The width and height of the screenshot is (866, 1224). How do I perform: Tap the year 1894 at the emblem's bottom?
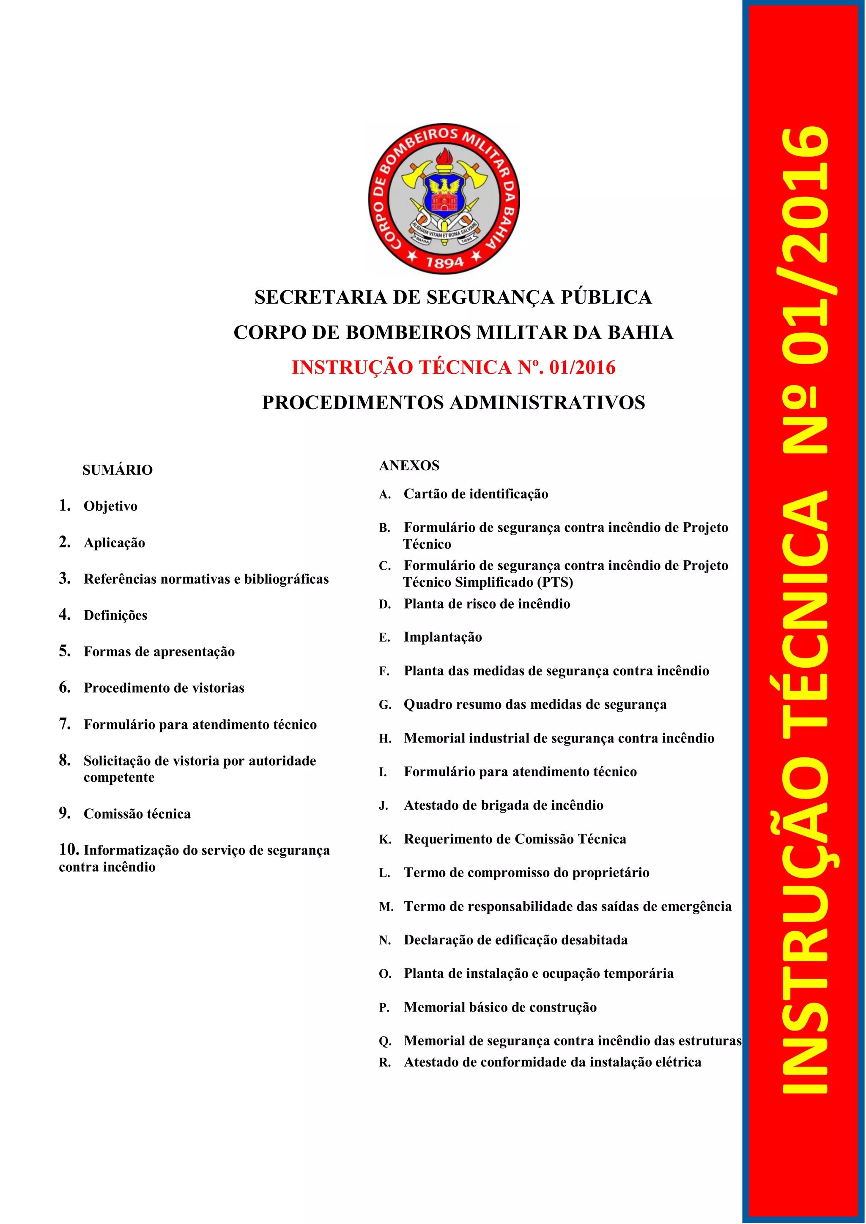click(x=444, y=262)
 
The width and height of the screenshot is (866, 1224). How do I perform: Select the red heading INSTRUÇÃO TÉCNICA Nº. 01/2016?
click(x=453, y=367)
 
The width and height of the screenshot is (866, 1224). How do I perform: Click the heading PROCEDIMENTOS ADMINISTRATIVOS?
click(x=453, y=403)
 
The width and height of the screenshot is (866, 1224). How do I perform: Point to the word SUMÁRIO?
click(x=118, y=470)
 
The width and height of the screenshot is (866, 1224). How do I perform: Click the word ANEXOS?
click(x=409, y=465)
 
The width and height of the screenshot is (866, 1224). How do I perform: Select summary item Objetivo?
click(x=110, y=506)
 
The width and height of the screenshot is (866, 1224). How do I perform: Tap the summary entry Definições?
click(x=115, y=615)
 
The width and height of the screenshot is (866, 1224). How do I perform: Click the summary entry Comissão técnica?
click(x=137, y=813)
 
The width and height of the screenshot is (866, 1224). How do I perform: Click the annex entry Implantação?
click(x=442, y=637)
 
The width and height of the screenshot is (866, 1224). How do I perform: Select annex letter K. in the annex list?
click(x=385, y=840)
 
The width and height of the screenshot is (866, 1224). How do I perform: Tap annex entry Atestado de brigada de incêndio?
click(x=503, y=805)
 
